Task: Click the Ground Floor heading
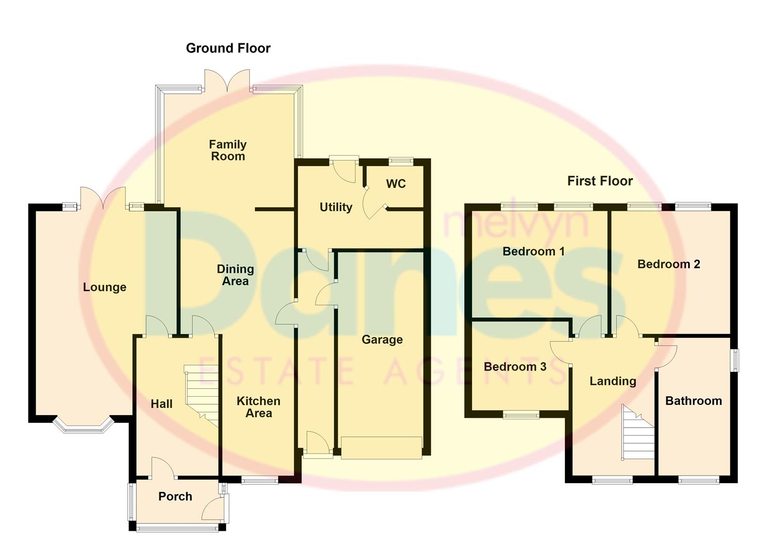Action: [x=228, y=48]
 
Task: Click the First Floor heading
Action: [x=599, y=181]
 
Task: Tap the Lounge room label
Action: [x=105, y=287]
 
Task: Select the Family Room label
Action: [x=227, y=150]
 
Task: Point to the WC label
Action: [x=396, y=184]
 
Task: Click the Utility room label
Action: [x=336, y=207]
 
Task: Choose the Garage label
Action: [x=382, y=339]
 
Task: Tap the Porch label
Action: [x=175, y=496]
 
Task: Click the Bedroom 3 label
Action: [x=515, y=367]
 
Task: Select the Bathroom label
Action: [x=693, y=401]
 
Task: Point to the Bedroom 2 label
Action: [x=669, y=264]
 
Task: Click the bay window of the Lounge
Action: [x=84, y=424]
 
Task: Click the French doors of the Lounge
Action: [x=103, y=199]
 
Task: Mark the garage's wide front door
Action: [x=381, y=448]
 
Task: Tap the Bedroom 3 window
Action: [x=521, y=415]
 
